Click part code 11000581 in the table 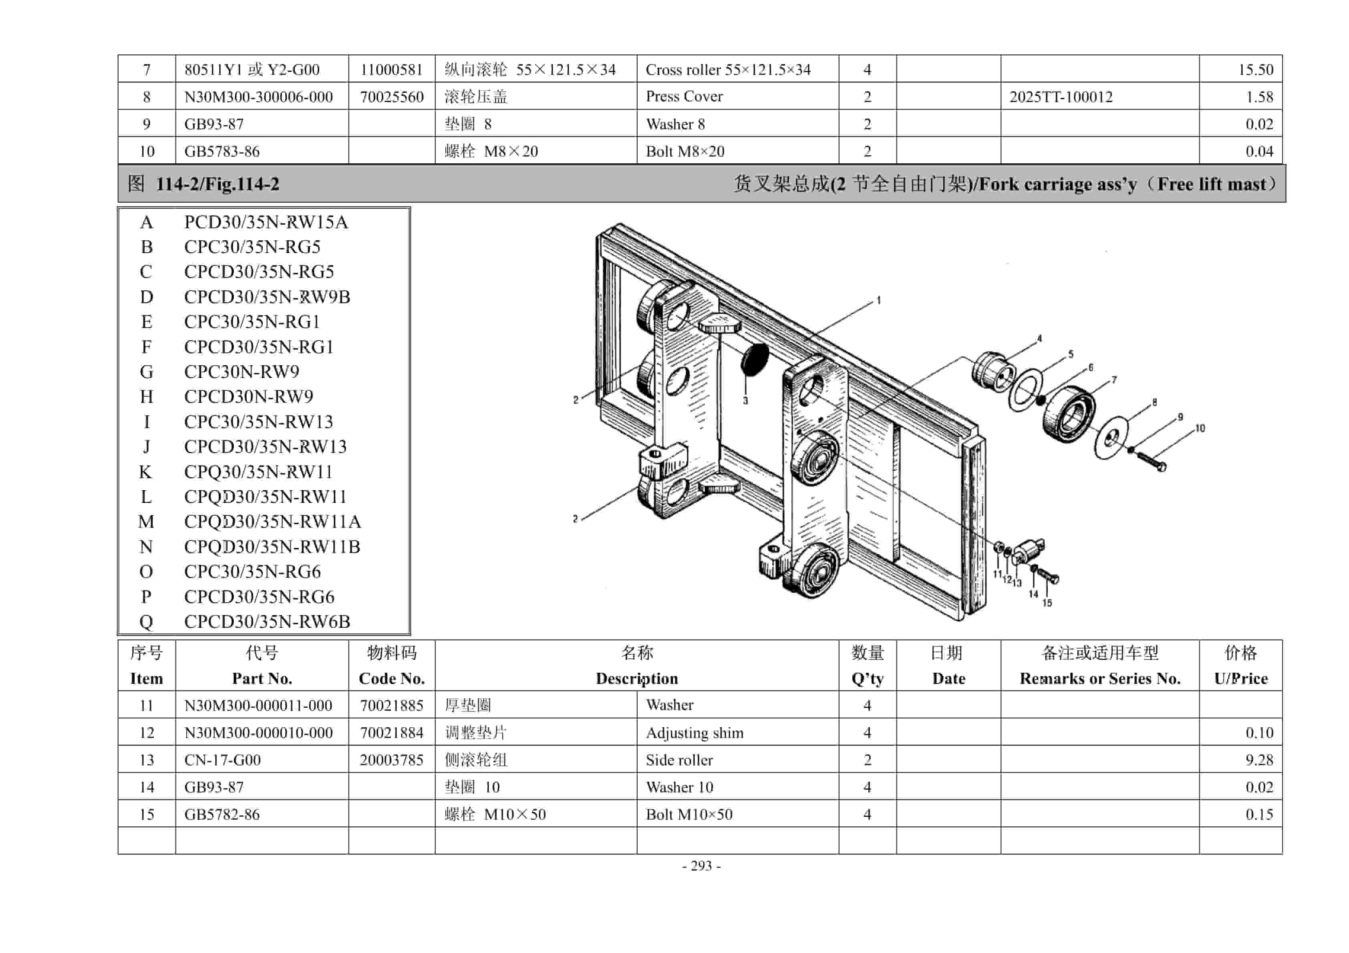(391, 70)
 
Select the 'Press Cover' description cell (684, 97)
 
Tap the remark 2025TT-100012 (1061, 97)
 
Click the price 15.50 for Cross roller (1256, 70)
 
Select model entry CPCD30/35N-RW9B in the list (267, 297)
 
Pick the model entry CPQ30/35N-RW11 (258, 472)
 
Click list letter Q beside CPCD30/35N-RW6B (146, 621)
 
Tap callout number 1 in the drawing (878, 301)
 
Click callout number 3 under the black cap (745, 401)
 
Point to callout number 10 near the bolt (1200, 428)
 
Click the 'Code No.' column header (391, 679)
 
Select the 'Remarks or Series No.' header (1100, 679)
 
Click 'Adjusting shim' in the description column (695, 733)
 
